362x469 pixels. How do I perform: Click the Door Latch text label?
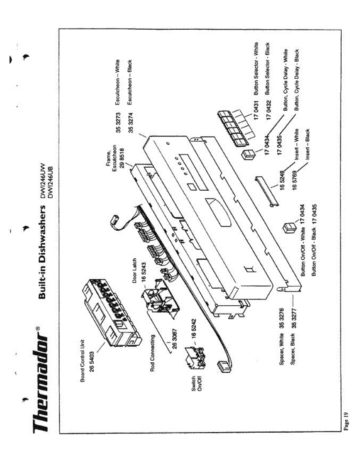click(135, 270)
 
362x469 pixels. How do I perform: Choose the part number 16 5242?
click(193, 328)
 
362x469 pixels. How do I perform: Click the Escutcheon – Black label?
click(130, 82)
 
